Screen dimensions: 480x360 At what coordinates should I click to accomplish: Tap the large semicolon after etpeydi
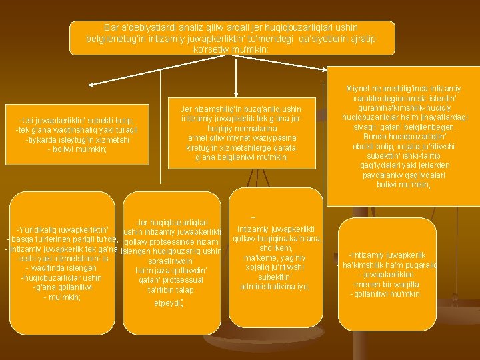click(x=181, y=302)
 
